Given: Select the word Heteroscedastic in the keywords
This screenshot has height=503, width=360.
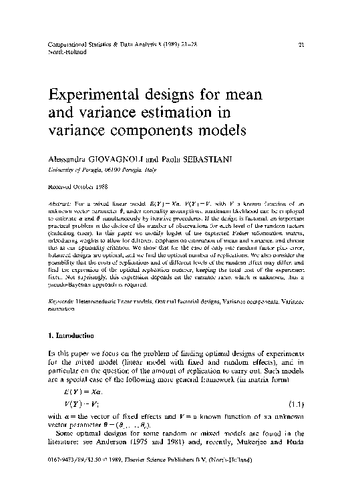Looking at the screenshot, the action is [x=98, y=303].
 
